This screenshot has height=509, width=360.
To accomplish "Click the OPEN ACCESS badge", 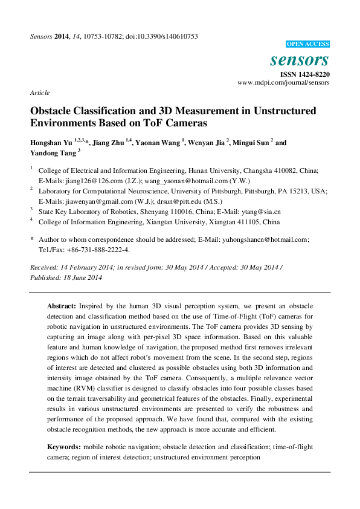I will coord(307,44).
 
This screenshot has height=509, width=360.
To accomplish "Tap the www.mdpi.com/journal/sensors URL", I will coord(283,82).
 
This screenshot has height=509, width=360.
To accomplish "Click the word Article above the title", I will coord(39,92).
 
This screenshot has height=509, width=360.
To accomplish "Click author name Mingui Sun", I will coord(251,143).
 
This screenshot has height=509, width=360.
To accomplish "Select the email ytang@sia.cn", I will coord(260,212).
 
